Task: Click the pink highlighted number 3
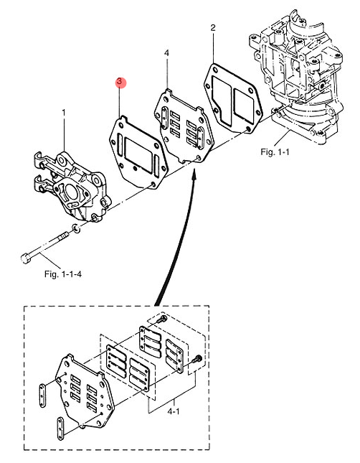click(120, 83)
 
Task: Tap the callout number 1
click(63, 113)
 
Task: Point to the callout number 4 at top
click(166, 53)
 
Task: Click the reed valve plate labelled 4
click(183, 126)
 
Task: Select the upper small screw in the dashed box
click(164, 317)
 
